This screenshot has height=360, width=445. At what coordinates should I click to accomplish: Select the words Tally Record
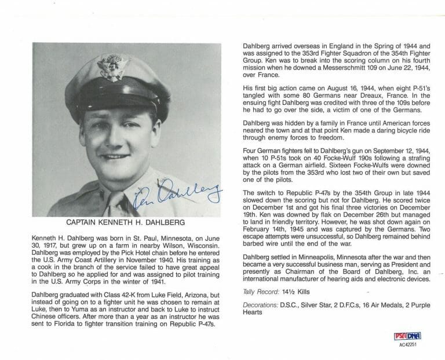click(x=260, y=291)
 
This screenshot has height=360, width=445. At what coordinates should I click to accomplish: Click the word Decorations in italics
click(x=260, y=304)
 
